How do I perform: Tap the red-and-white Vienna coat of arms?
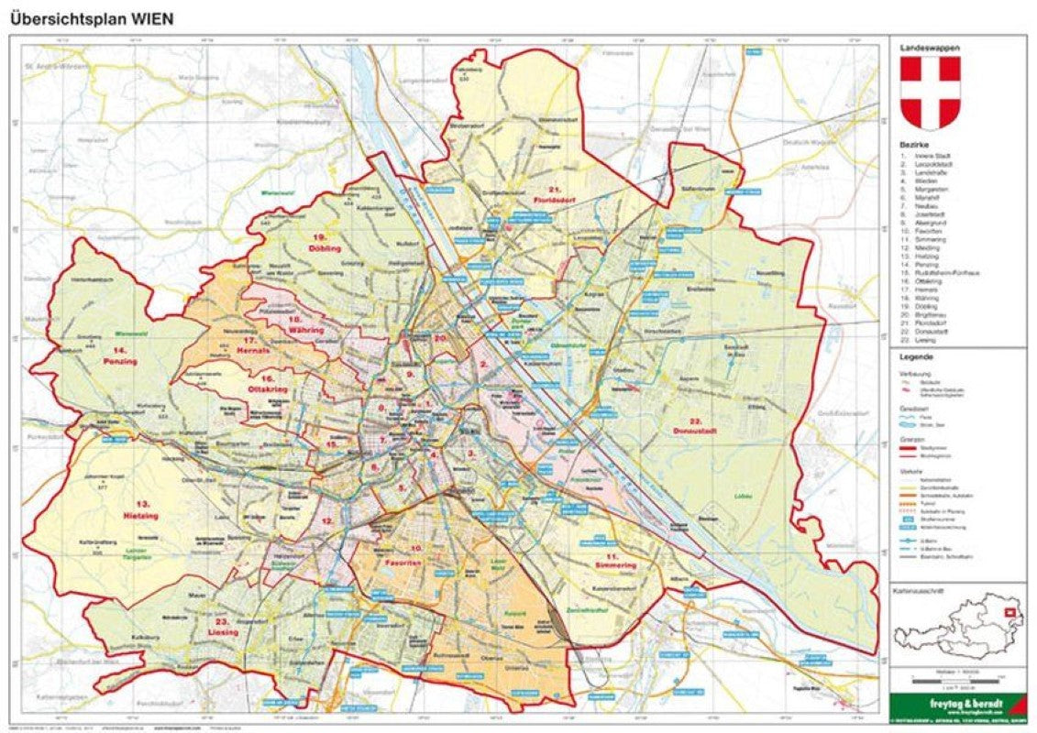930,93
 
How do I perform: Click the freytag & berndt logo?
957,705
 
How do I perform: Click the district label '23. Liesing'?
223,629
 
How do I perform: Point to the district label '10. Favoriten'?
403,556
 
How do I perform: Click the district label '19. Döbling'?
325,244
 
